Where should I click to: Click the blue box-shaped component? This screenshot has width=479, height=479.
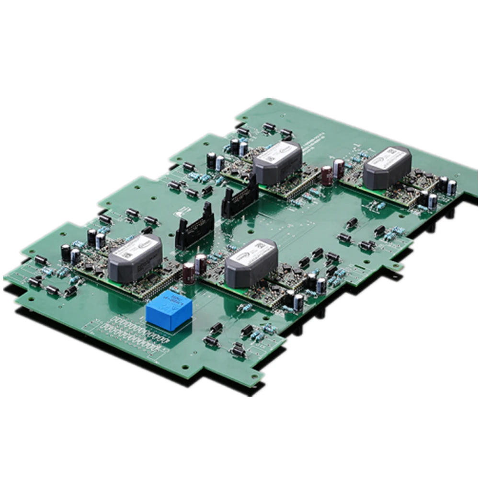pyautogui.click(x=169, y=311)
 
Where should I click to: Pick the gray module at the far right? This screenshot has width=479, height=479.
pyautogui.click(x=388, y=168)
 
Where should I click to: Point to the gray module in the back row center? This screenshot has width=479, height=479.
pyautogui.click(x=278, y=163)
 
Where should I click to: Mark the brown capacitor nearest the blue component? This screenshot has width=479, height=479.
pyautogui.click(x=189, y=272)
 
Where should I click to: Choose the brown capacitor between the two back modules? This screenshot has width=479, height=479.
pyautogui.click(x=327, y=175)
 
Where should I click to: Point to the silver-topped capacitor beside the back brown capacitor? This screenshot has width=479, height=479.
pyautogui.click(x=338, y=168)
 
